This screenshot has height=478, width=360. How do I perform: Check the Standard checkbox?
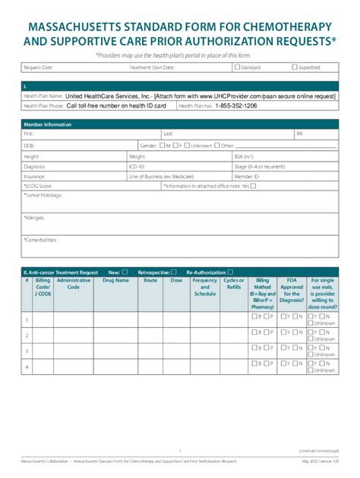237,68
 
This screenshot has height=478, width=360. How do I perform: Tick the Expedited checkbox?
295,68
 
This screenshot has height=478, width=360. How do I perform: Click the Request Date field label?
38,68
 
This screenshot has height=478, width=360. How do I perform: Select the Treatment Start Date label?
152,68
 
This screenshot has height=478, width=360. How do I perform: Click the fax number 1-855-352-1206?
235,106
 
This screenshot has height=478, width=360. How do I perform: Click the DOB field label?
29,145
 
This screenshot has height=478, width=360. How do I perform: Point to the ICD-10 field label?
137,166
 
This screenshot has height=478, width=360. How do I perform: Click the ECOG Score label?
38,186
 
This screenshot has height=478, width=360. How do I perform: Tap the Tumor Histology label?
42,195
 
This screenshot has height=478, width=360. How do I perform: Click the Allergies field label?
34,218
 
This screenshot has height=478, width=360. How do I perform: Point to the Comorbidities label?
40,240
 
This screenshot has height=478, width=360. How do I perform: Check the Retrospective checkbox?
174,272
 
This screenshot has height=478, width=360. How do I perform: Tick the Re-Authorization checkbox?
231,272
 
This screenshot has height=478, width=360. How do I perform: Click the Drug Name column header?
116,280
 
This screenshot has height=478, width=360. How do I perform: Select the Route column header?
150,280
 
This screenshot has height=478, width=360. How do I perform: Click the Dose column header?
176,280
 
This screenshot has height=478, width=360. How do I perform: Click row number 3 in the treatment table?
27,351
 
